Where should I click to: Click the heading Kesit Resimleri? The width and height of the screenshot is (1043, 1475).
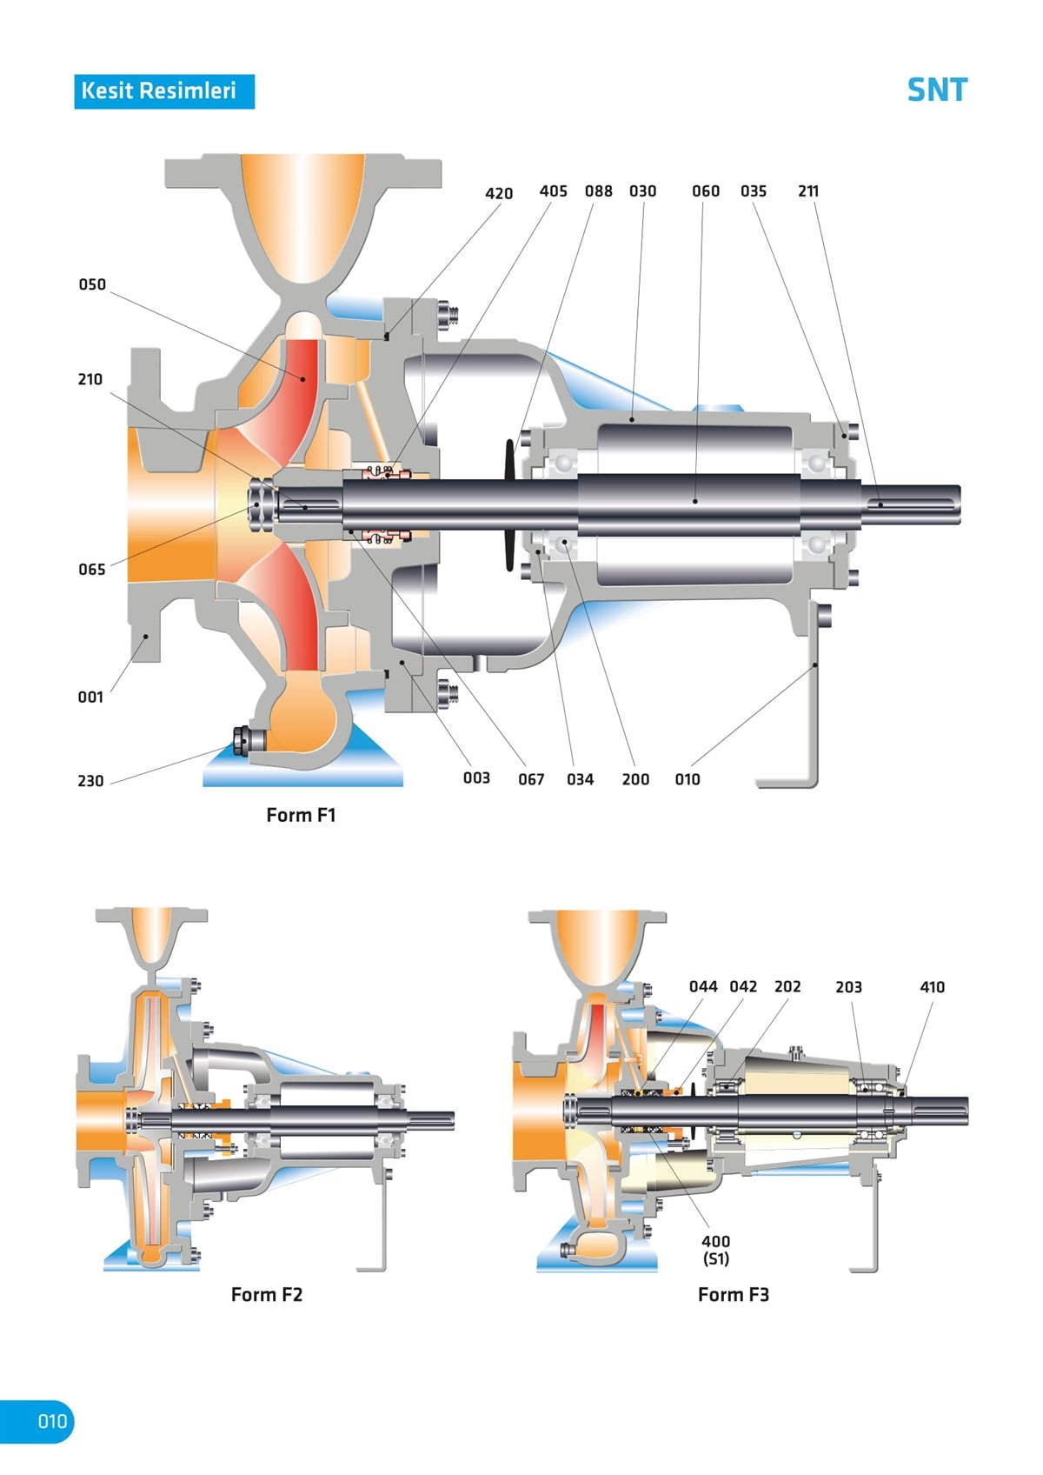point(163,90)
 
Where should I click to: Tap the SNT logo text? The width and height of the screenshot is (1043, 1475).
point(936,90)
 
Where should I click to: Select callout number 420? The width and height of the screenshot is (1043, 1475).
point(499,193)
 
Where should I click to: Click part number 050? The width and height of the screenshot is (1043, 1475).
point(92,284)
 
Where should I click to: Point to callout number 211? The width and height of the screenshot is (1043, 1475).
point(808,190)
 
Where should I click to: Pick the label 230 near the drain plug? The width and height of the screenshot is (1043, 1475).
point(90,781)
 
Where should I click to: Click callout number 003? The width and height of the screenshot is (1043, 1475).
point(476,778)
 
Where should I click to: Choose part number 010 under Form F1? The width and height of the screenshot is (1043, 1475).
point(688,779)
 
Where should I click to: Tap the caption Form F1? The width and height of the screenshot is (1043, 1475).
point(301,815)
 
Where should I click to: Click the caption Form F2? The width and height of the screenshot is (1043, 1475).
point(267,1294)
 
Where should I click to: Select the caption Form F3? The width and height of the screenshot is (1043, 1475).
point(734,1294)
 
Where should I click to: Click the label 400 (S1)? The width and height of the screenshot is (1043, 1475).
point(716,1250)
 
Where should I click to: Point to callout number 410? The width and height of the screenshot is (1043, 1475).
point(932,987)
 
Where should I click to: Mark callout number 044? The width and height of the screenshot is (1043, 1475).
point(703,986)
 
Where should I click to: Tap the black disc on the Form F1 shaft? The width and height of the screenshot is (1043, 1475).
point(510,504)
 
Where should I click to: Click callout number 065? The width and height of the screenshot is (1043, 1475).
point(92,570)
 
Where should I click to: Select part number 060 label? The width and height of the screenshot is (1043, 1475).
point(706,190)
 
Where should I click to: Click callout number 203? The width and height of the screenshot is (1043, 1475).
point(848,987)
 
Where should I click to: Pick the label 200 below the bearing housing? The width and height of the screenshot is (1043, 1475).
point(635,779)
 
